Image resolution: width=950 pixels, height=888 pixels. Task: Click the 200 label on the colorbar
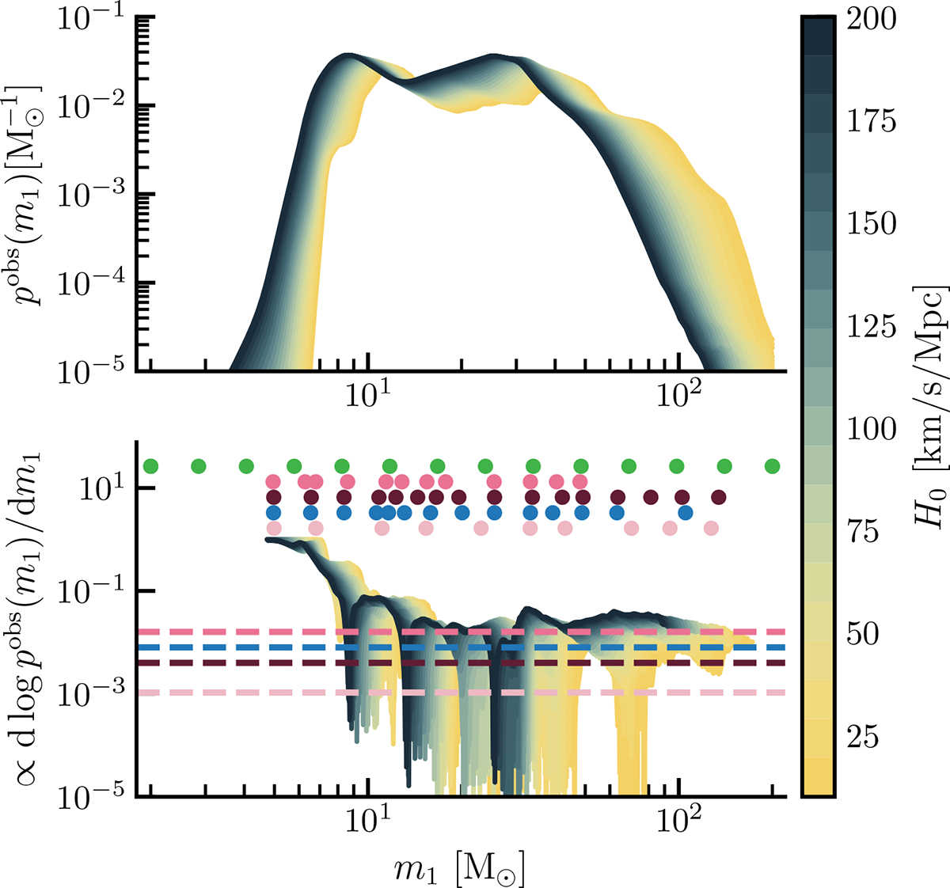872,20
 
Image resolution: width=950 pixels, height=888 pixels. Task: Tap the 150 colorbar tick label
872,223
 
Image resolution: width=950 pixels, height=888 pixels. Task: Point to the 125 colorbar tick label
872,326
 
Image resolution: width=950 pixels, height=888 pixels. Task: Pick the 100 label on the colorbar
872,429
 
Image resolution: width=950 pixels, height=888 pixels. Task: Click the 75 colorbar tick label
863,532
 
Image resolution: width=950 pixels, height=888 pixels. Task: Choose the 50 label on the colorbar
863,634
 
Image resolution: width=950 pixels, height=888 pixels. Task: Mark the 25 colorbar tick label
863,737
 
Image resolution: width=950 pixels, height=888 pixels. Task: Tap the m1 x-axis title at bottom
459,867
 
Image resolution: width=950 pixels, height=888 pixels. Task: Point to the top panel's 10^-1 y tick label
91,19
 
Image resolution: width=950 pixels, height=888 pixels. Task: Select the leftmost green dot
150,465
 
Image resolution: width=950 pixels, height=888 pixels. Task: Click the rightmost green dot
772,465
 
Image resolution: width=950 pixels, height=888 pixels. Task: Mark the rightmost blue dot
686,513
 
